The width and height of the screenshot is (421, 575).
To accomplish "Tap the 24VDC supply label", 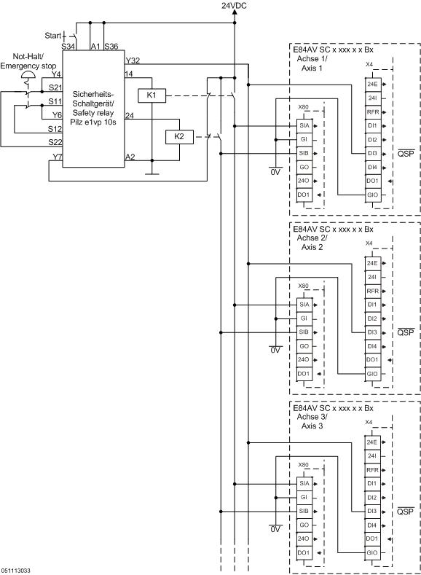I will [x=235, y=6].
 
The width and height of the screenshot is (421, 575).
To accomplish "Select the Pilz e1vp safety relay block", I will [x=93, y=109].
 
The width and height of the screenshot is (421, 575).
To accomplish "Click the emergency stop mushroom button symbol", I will [x=28, y=74].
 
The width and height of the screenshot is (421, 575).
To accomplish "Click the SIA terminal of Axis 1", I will [x=304, y=125].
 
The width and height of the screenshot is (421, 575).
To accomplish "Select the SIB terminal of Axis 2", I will [x=304, y=332].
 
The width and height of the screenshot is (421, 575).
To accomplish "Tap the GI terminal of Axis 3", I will [x=304, y=497].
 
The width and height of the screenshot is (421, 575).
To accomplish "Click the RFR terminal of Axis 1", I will [x=371, y=112].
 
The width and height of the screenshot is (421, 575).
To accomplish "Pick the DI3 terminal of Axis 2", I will [x=371, y=332].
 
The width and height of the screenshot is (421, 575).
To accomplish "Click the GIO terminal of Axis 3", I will [x=371, y=552].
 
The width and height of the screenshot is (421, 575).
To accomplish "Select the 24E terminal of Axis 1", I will [x=371, y=85].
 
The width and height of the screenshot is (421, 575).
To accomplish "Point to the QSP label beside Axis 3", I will [x=405, y=512].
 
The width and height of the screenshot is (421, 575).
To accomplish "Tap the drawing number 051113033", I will [x=16, y=571].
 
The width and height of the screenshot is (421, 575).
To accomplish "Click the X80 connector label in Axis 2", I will [x=304, y=286].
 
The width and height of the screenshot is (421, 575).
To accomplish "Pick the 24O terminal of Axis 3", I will [x=304, y=539].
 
